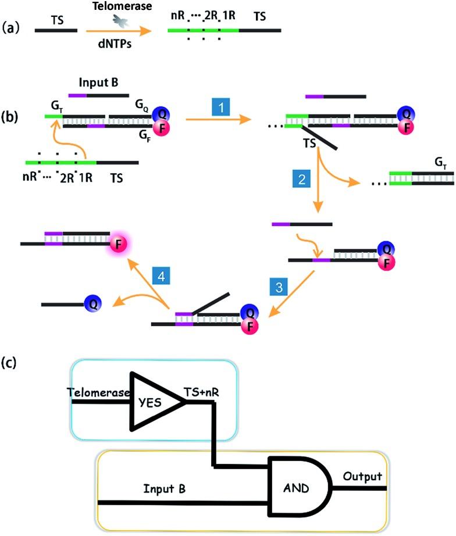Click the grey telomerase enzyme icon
pyautogui.click(x=122, y=22)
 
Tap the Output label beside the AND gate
pyautogui.click(x=361, y=477)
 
